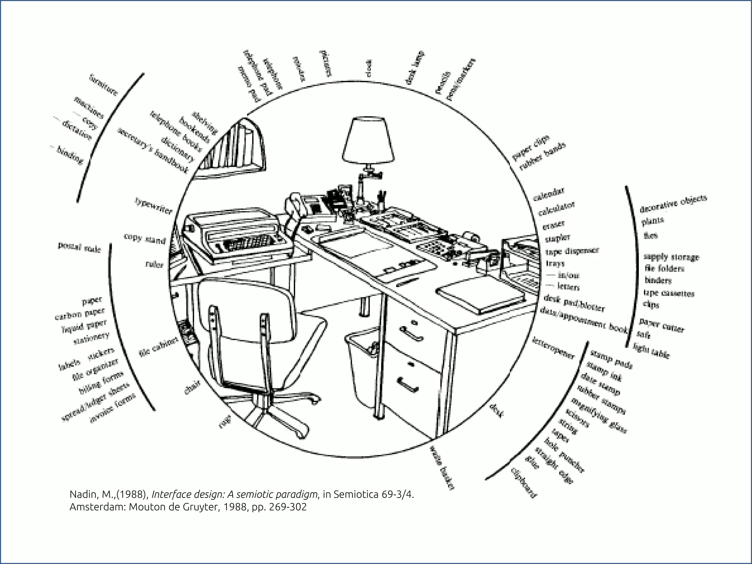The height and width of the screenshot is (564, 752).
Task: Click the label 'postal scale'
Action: (x=79, y=247)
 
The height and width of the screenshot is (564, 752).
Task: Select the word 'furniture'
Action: (x=104, y=85)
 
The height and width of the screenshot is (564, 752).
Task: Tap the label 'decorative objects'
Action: (x=673, y=204)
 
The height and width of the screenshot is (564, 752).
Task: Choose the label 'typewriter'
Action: (x=153, y=206)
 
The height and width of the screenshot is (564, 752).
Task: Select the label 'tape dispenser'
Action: (x=572, y=251)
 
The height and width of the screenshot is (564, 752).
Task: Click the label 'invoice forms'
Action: (x=113, y=408)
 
